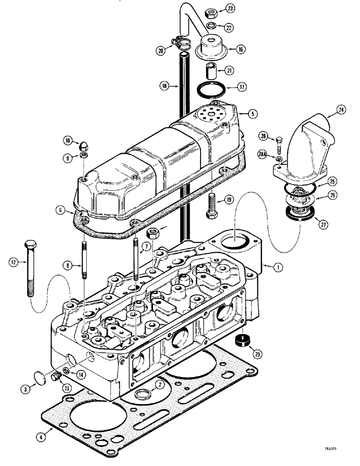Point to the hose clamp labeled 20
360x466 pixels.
click(181, 44)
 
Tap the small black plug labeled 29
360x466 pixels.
click(241, 340)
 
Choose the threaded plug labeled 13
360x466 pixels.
click(58, 377)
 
